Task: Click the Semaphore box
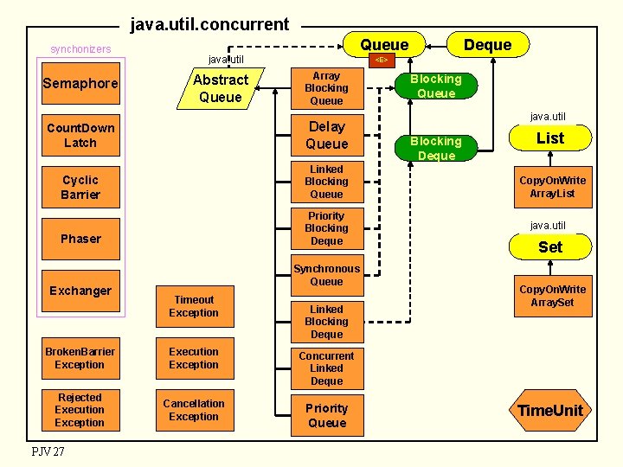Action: [x=80, y=84]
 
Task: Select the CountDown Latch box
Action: [x=80, y=136]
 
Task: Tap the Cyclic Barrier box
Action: [x=80, y=187]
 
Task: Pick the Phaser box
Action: [x=80, y=239]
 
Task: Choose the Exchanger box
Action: [x=80, y=291]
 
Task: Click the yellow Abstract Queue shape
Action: [x=220, y=88]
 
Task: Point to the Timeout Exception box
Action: [x=194, y=307]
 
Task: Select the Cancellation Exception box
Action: [x=194, y=410]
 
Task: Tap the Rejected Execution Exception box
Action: [x=80, y=410]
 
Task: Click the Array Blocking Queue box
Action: [x=326, y=88]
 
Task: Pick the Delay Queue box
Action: [x=326, y=136]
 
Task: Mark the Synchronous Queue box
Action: [x=326, y=275]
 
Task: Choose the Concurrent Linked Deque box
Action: [x=326, y=368]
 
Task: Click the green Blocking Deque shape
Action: [x=435, y=148]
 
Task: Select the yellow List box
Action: [x=550, y=138]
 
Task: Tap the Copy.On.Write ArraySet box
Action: [x=552, y=296]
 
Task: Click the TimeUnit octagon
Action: [x=550, y=410]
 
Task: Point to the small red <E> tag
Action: [x=380, y=61]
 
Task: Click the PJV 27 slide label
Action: [x=48, y=451]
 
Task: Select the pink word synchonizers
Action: [x=80, y=49]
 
